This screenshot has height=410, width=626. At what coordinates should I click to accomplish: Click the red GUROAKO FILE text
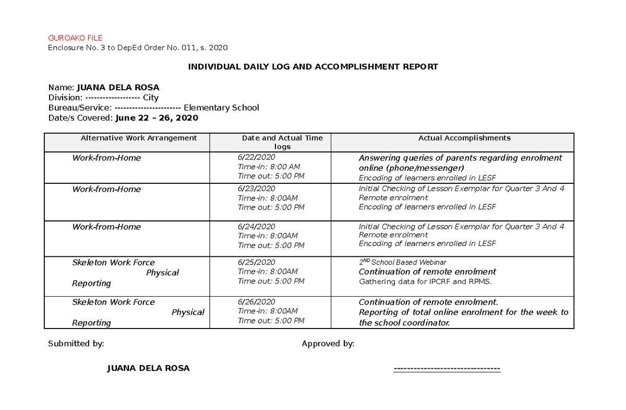[x=75, y=38]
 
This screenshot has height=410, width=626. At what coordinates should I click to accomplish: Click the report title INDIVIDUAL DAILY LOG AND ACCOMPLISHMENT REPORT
[x=313, y=67]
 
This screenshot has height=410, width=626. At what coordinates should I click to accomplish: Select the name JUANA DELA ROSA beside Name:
[x=118, y=87]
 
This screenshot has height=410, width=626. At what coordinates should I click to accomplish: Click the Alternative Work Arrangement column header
[x=138, y=138]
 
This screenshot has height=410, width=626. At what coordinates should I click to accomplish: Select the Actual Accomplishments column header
[x=464, y=138]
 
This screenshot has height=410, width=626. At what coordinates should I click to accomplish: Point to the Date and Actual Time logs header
[x=282, y=142]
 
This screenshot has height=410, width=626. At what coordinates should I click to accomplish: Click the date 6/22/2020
[x=256, y=157]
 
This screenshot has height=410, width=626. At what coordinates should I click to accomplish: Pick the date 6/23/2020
[x=256, y=189]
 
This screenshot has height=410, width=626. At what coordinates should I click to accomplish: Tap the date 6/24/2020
[x=256, y=226]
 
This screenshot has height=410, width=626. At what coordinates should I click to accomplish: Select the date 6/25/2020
[x=256, y=262]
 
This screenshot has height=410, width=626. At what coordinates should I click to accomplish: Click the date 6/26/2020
[x=256, y=302]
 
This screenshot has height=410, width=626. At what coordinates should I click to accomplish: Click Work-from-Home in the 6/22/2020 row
[x=106, y=158]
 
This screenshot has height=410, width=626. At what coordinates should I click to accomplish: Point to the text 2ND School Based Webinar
[x=402, y=262]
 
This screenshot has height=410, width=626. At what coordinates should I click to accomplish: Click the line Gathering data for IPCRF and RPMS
[x=425, y=282]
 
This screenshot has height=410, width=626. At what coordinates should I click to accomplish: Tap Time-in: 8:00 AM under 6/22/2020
[x=269, y=167]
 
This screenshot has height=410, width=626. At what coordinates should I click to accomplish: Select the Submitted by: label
[x=76, y=344]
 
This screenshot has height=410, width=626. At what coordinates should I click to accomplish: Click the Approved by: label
[x=328, y=344]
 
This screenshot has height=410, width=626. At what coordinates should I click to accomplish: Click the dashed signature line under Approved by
[x=447, y=369]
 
